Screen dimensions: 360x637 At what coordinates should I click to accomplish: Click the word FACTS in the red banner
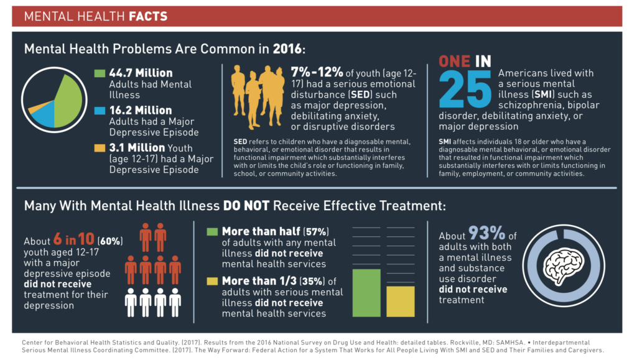pos(148,16)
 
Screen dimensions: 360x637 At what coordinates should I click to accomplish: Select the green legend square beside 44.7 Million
pos(100,73)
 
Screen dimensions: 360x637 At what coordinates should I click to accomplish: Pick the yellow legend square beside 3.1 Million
pos(100,148)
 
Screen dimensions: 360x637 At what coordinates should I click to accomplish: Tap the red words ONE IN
pos(465,62)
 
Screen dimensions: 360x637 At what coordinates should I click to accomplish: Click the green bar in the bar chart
pos(366,292)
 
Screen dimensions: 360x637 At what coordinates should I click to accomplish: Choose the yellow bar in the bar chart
pos(401,301)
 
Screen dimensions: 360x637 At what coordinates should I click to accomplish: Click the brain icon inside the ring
pos(562,265)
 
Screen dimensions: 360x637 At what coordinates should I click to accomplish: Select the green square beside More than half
pos(212,231)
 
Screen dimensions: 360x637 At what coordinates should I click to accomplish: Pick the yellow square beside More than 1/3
pos(212,282)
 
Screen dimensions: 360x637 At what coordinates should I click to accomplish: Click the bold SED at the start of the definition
pos(239,142)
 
